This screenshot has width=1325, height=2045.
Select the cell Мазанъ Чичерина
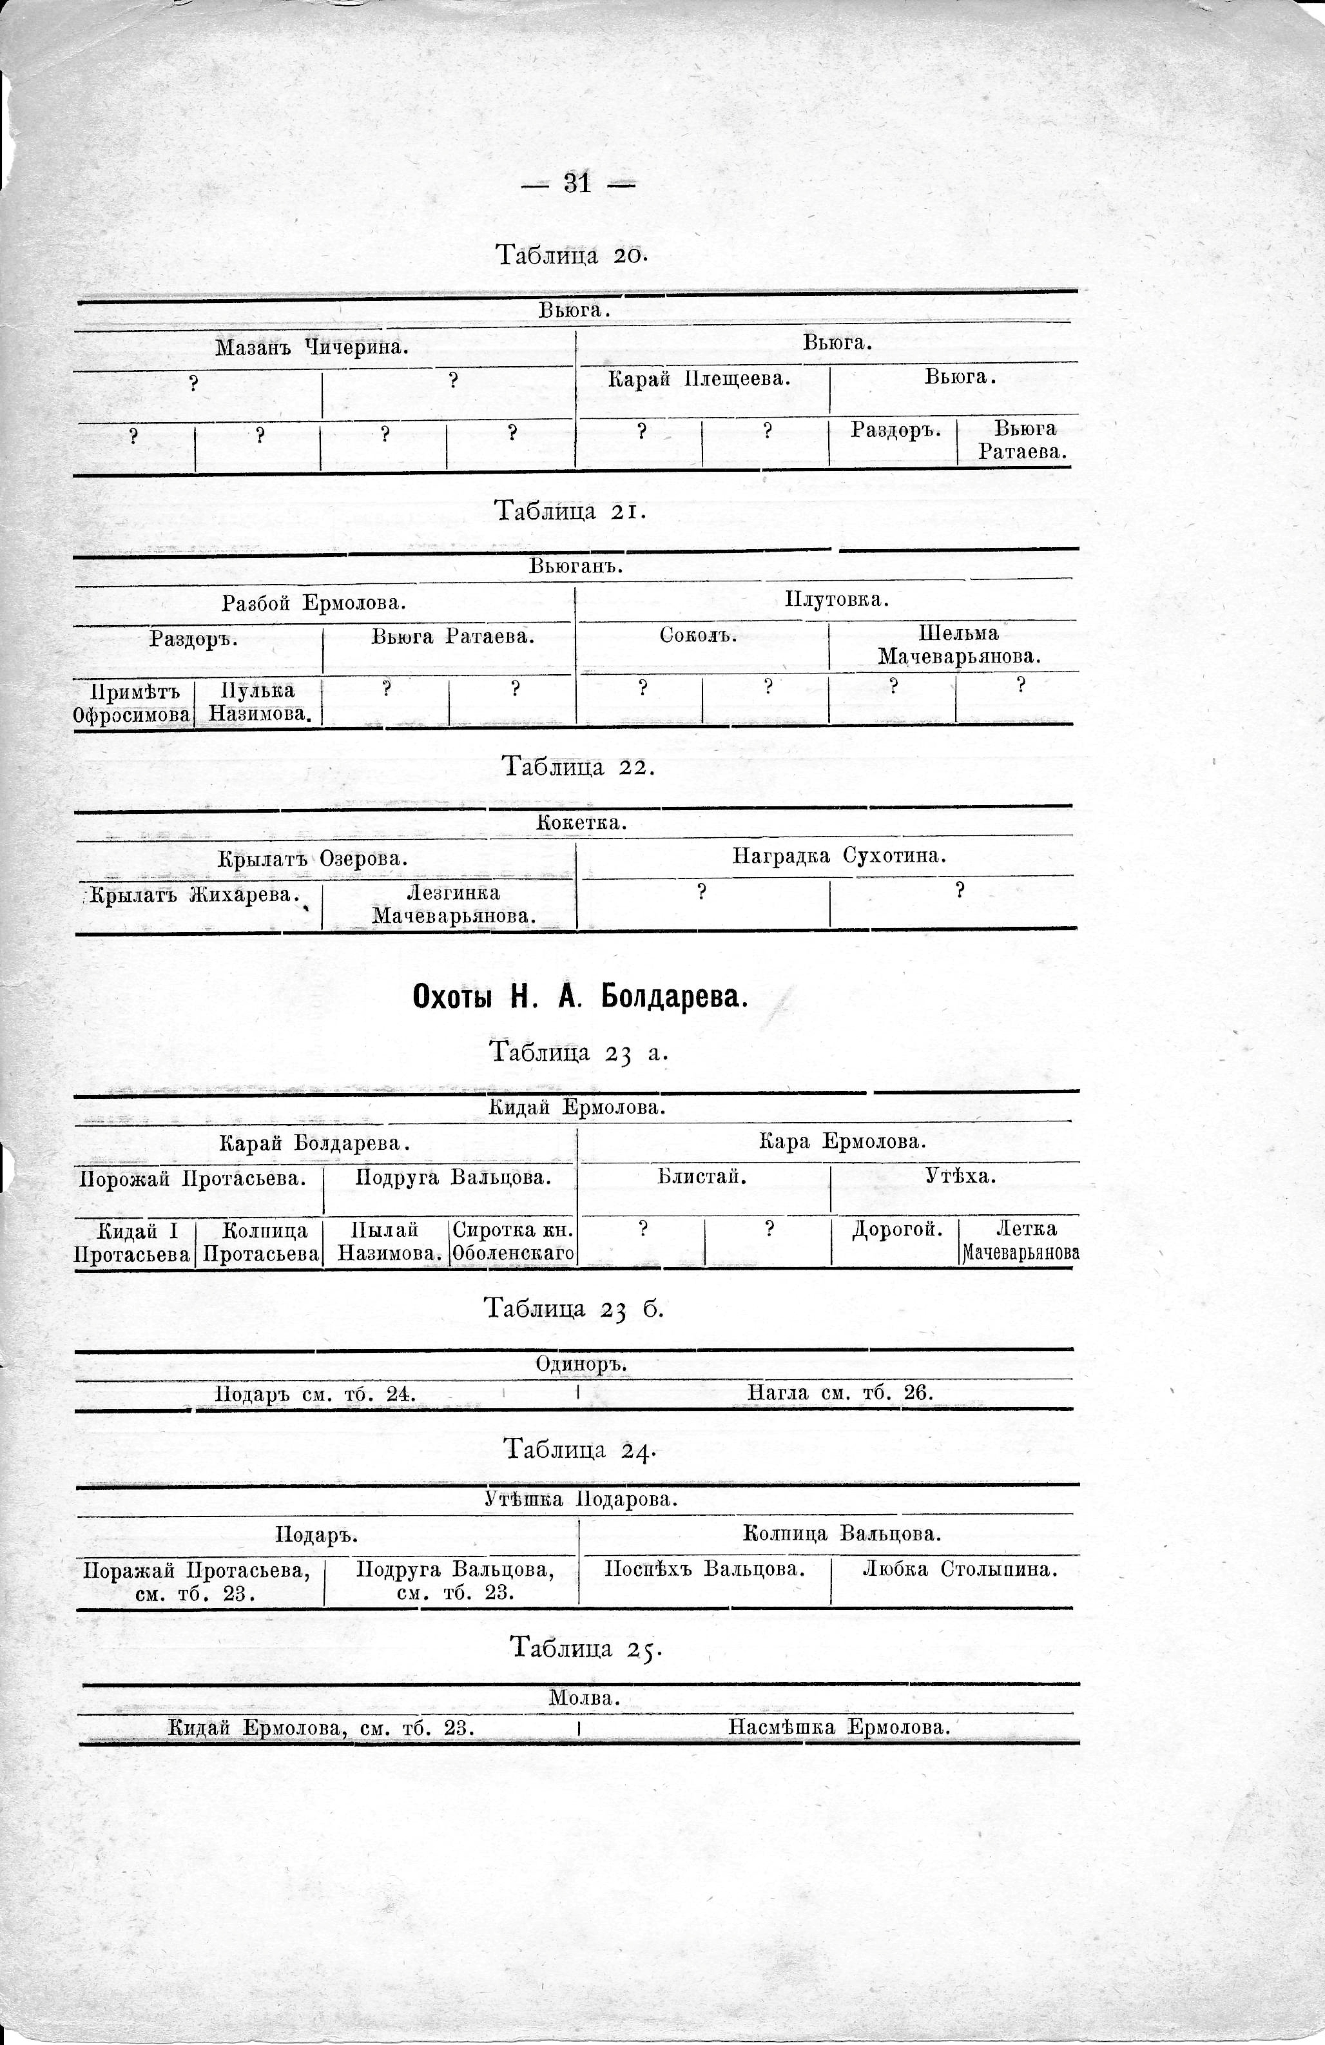click(311, 347)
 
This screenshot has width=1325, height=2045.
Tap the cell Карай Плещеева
click(699, 378)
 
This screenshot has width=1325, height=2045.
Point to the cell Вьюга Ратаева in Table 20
click(1023, 440)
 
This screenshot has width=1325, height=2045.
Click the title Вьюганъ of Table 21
click(575, 567)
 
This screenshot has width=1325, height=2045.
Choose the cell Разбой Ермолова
click(314, 603)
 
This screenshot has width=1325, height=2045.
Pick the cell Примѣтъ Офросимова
click(131, 702)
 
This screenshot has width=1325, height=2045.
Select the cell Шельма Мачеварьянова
click(958, 645)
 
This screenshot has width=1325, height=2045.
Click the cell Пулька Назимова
click(258, 702)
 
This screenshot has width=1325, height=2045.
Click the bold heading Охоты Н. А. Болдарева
click(581, 997)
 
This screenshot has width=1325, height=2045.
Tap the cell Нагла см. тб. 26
click(840, 1393)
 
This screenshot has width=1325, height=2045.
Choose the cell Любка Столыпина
click(959, 1569)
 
